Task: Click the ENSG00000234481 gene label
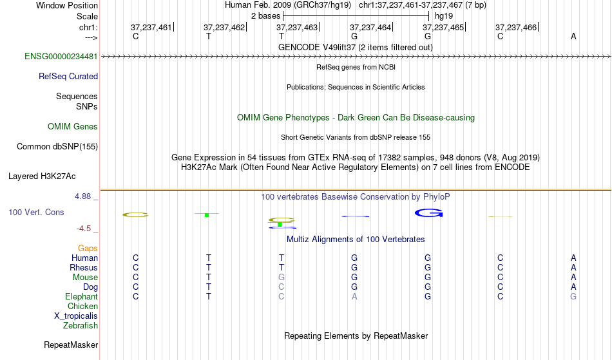(x=61, y=57)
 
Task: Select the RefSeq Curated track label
(x=68, y=77)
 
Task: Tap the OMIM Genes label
(x=72, y=127)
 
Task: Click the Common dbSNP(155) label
(x=57, y=147)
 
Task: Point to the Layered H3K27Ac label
(x=42, y=176)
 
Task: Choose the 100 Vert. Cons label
(x=36, y=213)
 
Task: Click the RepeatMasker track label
(x=71, y=345)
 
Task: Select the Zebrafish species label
(x=81, y=326)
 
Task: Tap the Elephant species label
(x=81, y=297)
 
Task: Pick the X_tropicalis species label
(x=76, y=316)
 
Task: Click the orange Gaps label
(x=88, y=249)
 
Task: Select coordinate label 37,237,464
(x=370, y=27)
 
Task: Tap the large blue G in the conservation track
(x=428, y=213)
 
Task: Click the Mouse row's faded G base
(x=282, y=278)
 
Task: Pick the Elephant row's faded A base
(x=354, y=297)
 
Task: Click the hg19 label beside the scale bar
(x=444, y=16)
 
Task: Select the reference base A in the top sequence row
(x=573, y=36)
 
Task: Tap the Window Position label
(x=67, y=5)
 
